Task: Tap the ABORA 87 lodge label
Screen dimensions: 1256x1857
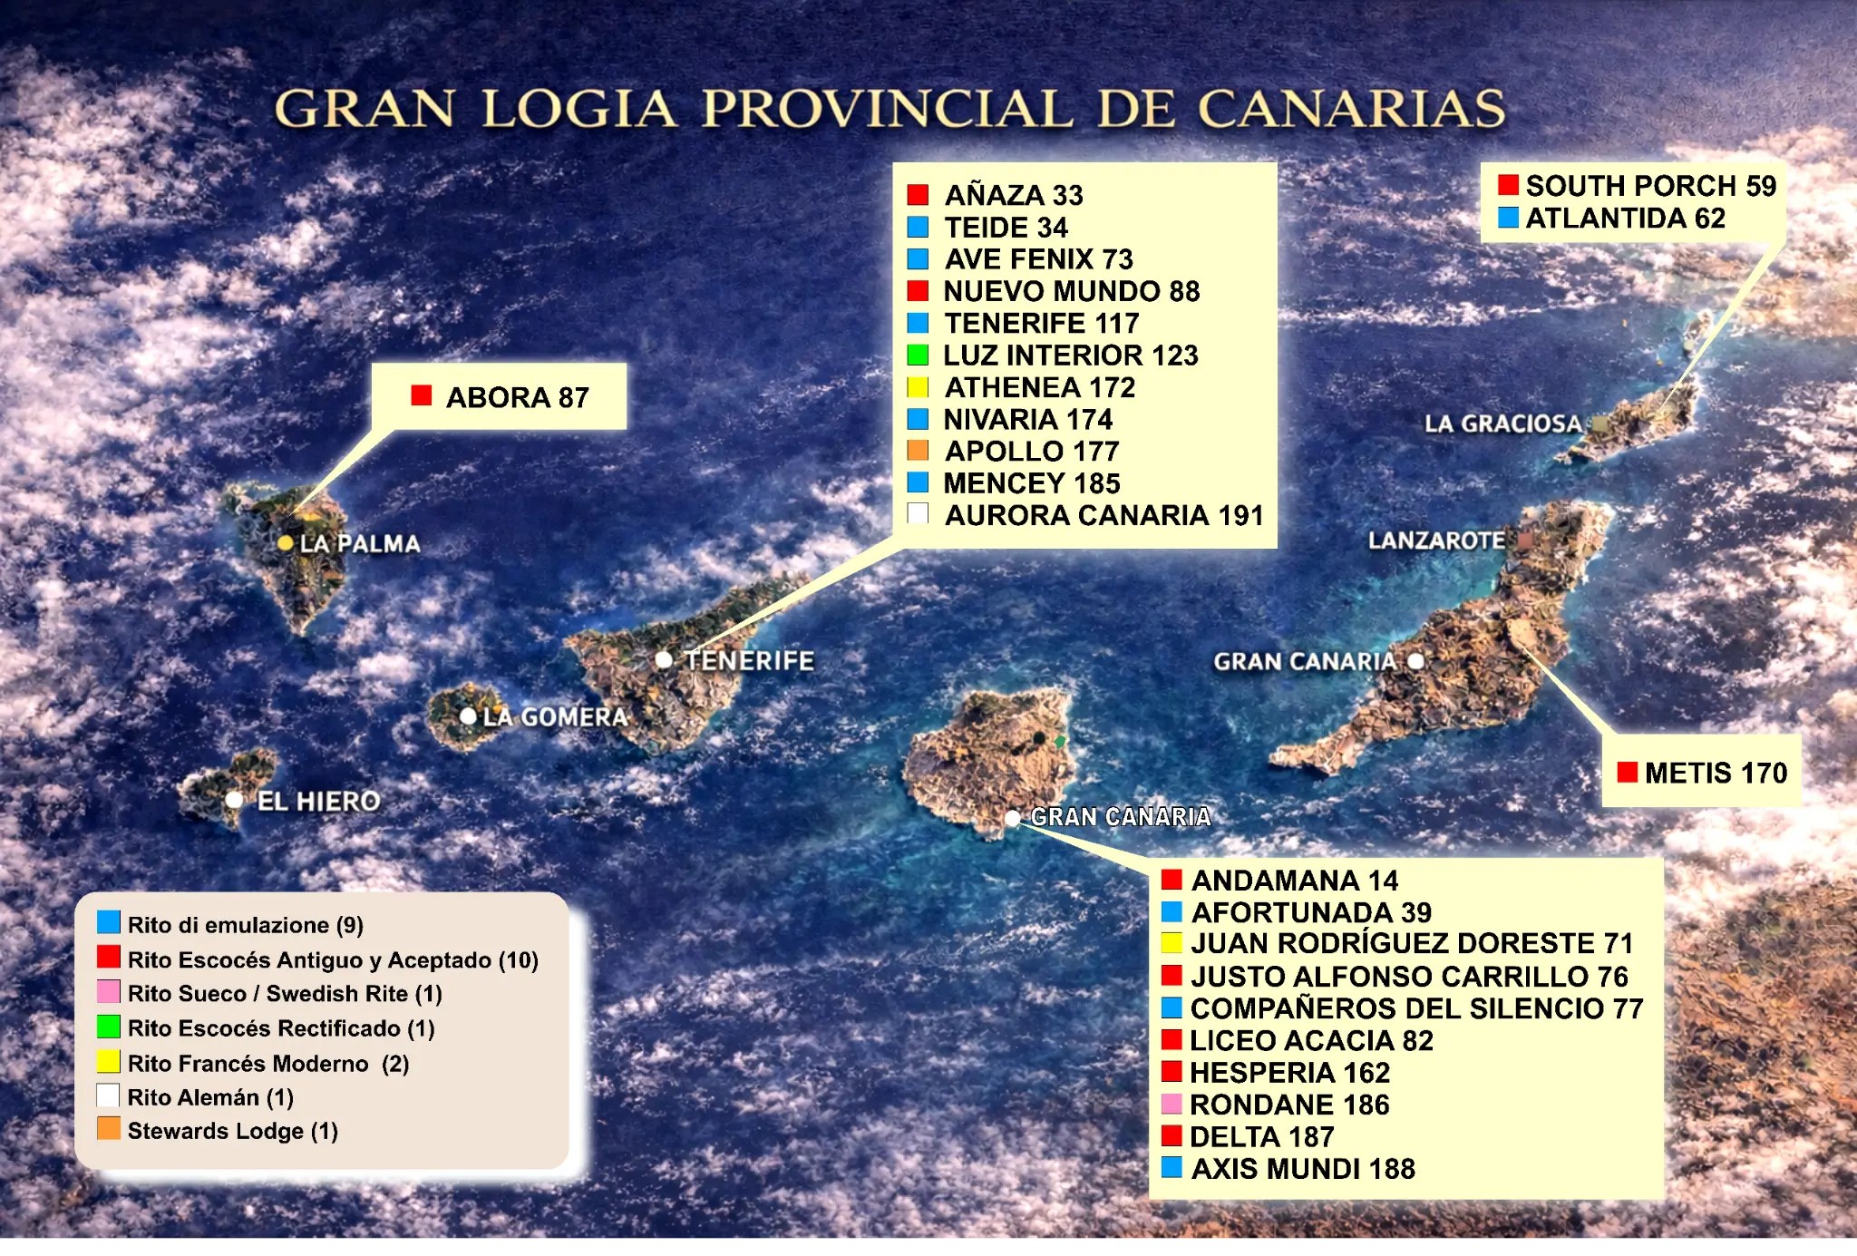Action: coord(517,397)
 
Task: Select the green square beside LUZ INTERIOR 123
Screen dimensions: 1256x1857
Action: coord(918,355)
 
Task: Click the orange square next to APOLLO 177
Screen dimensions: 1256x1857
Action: coord(918,451)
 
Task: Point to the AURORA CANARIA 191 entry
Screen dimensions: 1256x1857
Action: coord(1104,515)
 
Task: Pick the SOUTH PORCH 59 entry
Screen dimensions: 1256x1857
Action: coord(1650,186)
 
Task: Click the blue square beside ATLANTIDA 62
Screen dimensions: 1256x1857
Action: coord(1508,218)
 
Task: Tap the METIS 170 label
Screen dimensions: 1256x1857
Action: coord(1716,773)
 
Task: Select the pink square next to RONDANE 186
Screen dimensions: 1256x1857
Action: coord(1172,1105)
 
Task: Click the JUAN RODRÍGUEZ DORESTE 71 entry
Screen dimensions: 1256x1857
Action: coord(1412,943)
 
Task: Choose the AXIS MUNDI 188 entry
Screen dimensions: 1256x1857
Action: coord(1303,1169)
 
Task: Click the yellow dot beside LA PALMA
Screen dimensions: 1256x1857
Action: coord(285,543)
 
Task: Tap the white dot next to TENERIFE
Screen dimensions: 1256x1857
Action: coord(664,660)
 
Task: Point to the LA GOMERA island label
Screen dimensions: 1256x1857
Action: coord(555,717)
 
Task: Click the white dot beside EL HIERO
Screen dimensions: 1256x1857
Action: coord(235,800)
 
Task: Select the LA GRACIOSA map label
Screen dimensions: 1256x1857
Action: coord(1502,424)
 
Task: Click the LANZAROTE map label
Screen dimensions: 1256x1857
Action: coord(1436,540)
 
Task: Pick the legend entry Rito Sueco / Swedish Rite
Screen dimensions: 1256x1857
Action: coord(285,994)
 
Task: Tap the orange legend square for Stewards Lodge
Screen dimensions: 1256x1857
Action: coord(109,1129)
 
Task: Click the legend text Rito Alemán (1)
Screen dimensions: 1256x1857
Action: coord(210,1097)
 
